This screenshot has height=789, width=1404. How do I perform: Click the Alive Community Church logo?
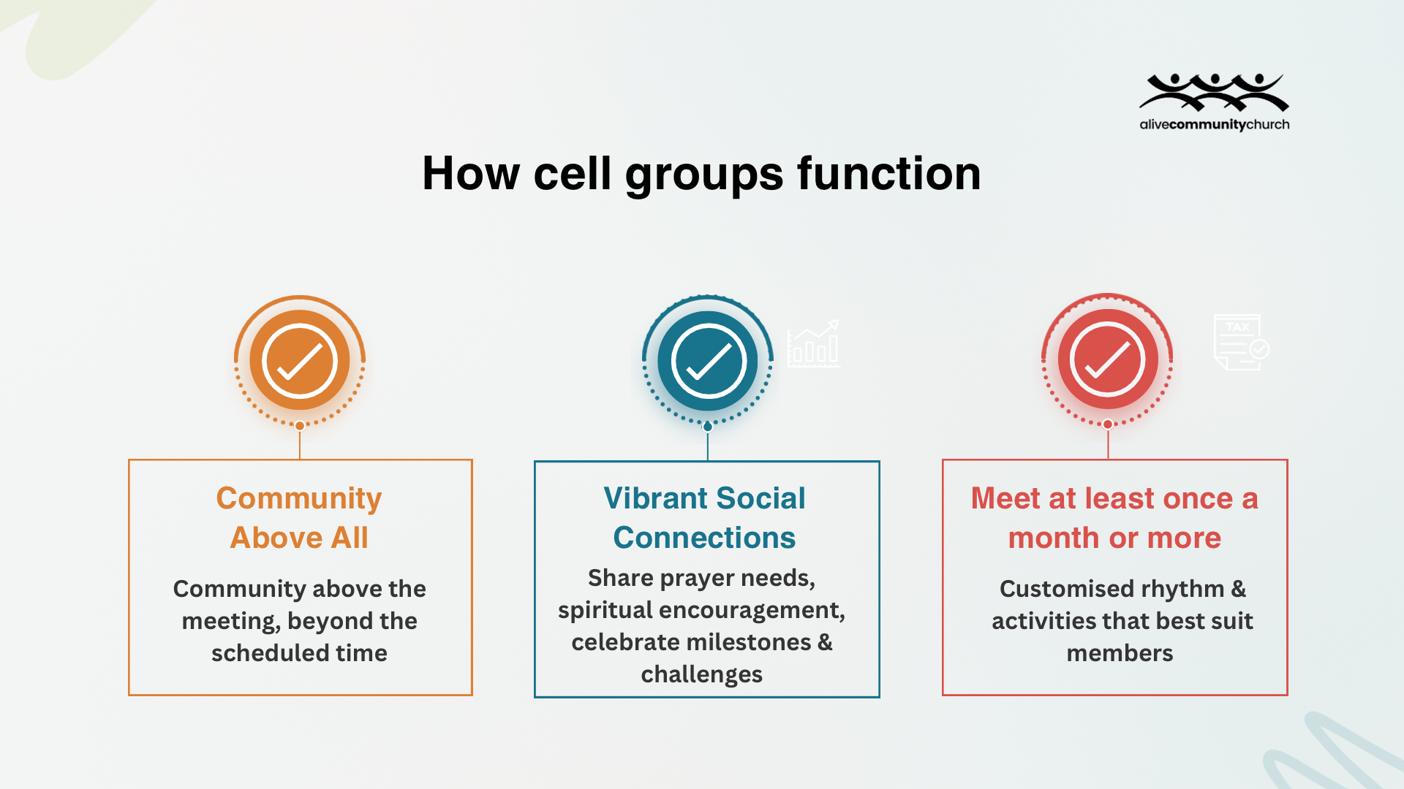tap(1214, 102)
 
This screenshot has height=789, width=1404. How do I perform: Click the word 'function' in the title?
tap(888, 174)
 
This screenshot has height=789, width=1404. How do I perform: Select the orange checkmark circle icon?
tap(300, 361)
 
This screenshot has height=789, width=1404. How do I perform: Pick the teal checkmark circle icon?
tap(707, 361)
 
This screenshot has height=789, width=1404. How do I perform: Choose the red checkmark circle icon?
tap(1107, 359)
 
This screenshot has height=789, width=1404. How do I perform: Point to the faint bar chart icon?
tap(813, 345)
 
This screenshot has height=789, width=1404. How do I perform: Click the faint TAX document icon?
tap(1240, 342)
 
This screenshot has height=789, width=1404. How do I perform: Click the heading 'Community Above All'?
tap(299, 517)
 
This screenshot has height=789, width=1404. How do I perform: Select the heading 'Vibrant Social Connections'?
tap(704, 517)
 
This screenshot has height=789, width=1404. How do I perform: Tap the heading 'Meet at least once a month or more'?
tap(1114, 517)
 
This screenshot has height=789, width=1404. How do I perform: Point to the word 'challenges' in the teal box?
tap(701, 674)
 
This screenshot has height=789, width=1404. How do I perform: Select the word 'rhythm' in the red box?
tap(1182, 589)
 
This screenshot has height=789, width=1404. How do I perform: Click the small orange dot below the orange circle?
tap(300, 426)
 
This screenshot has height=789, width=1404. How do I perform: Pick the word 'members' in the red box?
tap(1120, 653)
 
